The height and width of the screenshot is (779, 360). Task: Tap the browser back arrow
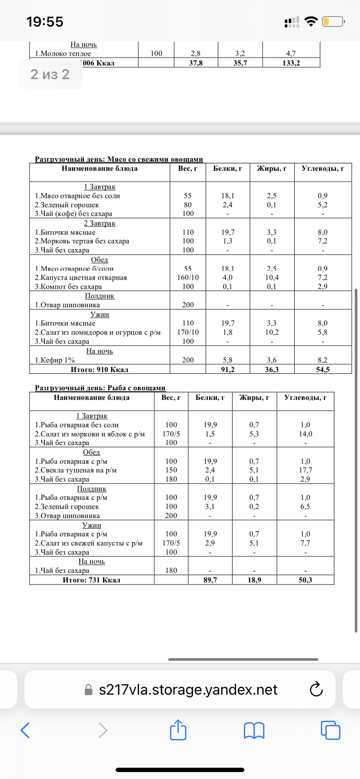tap(26, 730)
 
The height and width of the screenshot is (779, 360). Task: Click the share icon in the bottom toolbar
tap(178, 730)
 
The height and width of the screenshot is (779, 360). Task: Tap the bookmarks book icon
tap(254, 730)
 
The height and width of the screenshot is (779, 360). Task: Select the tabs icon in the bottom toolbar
tap(330, 730)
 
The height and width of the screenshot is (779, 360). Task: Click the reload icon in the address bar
tap(316, 690)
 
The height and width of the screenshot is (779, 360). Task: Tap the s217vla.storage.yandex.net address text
tap(188, 690)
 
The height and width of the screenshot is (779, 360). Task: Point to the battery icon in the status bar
tap(333, 21)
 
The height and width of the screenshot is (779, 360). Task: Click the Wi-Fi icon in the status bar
tap(311, 21)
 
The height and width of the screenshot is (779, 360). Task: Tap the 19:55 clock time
tap(45, 22)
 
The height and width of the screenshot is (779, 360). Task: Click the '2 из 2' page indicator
tap(50, 74)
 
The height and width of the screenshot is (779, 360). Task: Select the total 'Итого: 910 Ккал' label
tap(100, 370)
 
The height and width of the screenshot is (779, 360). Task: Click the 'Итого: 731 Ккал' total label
tap(92, 580)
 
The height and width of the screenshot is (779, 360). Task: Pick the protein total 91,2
tap(228, 370)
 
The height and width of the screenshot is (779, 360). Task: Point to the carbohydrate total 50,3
tap(305, 580)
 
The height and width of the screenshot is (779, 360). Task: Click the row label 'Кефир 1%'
tap(55, 360)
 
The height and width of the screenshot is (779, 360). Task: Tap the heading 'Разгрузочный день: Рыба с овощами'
tap(100, 388)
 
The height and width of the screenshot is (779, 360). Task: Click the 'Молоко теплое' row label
tap(63, 53)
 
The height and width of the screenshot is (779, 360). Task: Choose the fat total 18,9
tap(254, 580)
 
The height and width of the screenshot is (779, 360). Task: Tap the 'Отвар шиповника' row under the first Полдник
tap(67, 305)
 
